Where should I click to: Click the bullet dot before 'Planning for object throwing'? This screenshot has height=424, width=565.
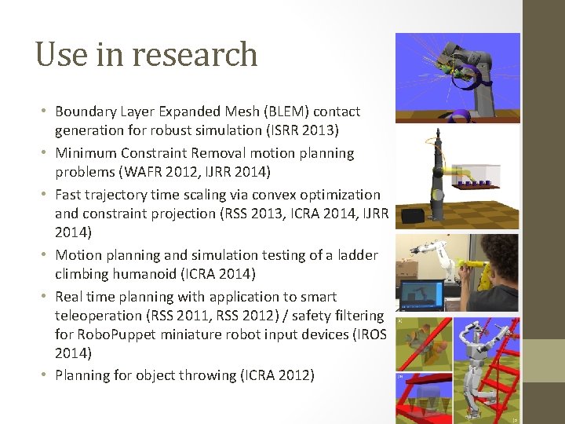[42, 375]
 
